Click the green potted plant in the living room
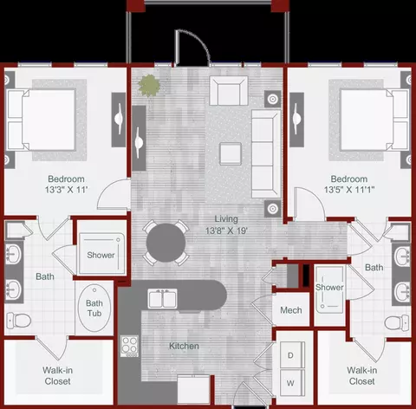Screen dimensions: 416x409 point(149,86)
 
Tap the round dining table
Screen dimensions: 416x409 point(166,243)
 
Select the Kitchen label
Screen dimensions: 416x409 point(184,346)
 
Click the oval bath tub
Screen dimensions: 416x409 point(94,308)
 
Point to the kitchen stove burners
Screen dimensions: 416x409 point(129,346)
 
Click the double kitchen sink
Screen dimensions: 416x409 point(163,299)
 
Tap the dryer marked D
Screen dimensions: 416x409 point(292,355)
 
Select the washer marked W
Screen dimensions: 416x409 point(292,383)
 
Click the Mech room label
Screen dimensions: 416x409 point(291,310)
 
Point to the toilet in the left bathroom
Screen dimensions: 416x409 point(19,321)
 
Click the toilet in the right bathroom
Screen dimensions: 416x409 point(397,322)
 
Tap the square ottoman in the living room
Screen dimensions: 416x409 point(231,153)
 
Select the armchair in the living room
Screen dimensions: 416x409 point(229,91)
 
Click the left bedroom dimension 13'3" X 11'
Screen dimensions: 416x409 point(66,190)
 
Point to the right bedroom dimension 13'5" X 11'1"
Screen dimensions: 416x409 point(349,190)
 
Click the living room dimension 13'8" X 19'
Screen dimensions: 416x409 point(226,230)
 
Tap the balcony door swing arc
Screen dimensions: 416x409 point(198,41)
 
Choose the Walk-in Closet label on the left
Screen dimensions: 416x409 point(57,375)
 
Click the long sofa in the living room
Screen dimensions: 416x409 point(266,153)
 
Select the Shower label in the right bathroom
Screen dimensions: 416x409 point(329,287)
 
